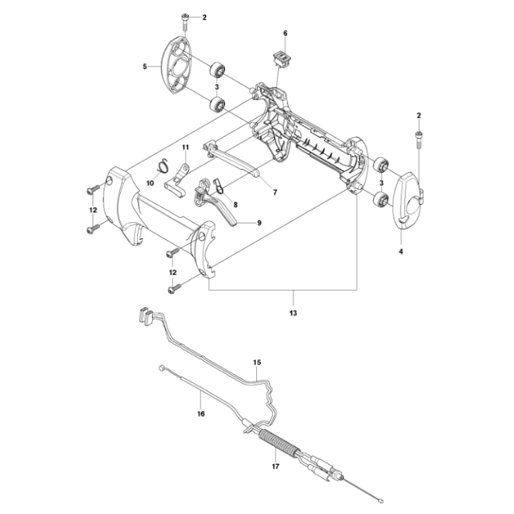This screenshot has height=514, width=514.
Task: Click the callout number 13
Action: tap(293, 313)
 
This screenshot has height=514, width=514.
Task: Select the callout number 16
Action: tap(201, 413)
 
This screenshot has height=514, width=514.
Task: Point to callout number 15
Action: tap(258, 363)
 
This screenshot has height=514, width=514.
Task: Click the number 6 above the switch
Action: tap(285, 33)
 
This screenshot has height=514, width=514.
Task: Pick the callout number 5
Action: tap(145, 66)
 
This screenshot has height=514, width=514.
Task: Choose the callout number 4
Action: tap(400, 251)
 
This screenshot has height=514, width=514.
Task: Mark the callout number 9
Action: tap(258, 222)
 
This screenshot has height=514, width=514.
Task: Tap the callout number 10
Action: tap(151, 183)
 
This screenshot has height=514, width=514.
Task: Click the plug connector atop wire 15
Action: tap(144, 313)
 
